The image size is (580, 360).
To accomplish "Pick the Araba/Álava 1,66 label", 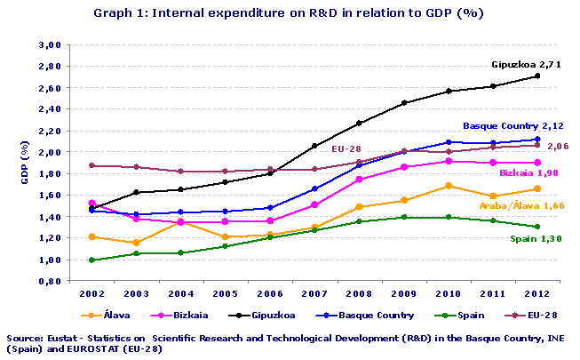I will tap(521, 205).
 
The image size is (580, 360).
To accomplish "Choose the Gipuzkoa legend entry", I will tap(266, 315).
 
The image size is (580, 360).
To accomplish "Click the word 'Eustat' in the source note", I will tap(61, 339).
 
